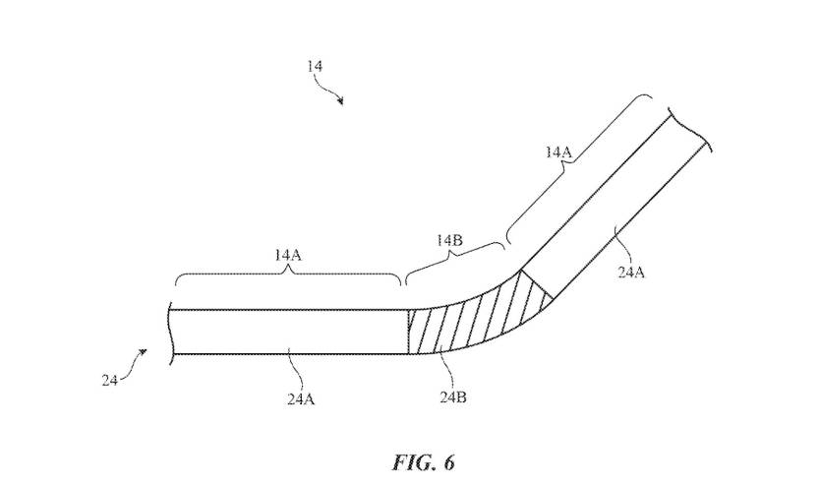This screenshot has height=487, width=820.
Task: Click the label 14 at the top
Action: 315,67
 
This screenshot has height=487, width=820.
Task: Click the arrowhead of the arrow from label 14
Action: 340,101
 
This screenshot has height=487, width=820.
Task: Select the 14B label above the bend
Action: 449,240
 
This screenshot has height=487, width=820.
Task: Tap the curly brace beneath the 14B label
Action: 454,263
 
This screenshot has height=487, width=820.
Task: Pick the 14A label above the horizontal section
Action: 288,255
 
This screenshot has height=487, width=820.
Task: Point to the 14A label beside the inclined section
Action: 559,152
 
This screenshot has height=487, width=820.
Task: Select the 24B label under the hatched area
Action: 453,397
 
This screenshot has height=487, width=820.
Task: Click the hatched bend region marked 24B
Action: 471,322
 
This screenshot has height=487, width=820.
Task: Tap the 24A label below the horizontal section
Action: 301,399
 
